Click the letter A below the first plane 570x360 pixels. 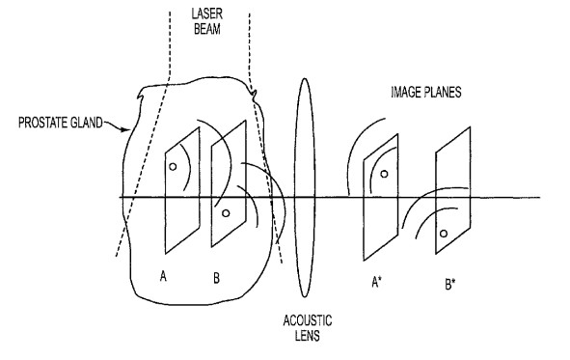(x=165, y=276)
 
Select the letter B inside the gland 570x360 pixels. (x=217, y=277)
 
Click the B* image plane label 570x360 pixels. (x=449, y=287)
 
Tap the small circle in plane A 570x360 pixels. (x=173, y=167)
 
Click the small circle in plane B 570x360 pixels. (x=226, y=212)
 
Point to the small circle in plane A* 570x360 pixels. (x=384, y=174)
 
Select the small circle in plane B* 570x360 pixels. (x=444, y=234)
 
